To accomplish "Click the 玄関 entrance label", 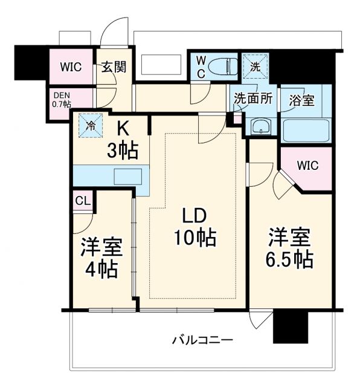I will click(114, 67).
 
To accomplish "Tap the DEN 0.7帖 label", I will click(62, 99).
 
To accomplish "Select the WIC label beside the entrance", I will click(71, 67).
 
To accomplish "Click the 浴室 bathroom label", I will click(301, 100).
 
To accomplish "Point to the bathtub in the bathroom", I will click(307, 129).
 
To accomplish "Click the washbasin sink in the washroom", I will click(262, 126).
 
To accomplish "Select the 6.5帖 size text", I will click(290, 259).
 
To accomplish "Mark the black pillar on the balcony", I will click(288, 327).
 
